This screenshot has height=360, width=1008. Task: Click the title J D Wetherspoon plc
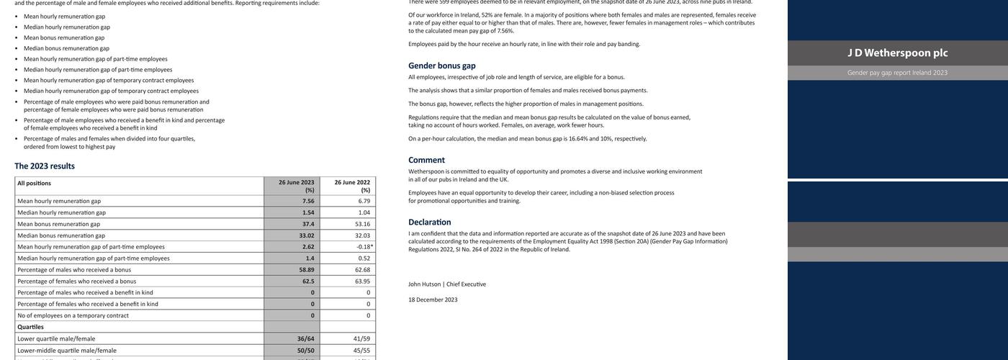tap(897, 53)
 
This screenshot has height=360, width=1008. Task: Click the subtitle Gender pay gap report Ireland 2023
tap(897, 73)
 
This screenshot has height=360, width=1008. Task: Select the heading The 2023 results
tap(45, 166)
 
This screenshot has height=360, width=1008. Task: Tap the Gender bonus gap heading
tap(441, 66)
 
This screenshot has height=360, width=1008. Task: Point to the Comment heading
tap(426, 160)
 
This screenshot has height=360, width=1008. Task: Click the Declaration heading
tap(429, 222)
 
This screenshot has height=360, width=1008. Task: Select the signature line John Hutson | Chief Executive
tap(446, 284)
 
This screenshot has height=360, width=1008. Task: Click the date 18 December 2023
tap(433, 300)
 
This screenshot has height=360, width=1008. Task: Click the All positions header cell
tap(34, 183)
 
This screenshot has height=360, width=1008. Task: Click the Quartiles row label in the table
tap(30, 327)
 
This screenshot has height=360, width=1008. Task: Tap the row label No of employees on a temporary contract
tap(73, 315)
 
